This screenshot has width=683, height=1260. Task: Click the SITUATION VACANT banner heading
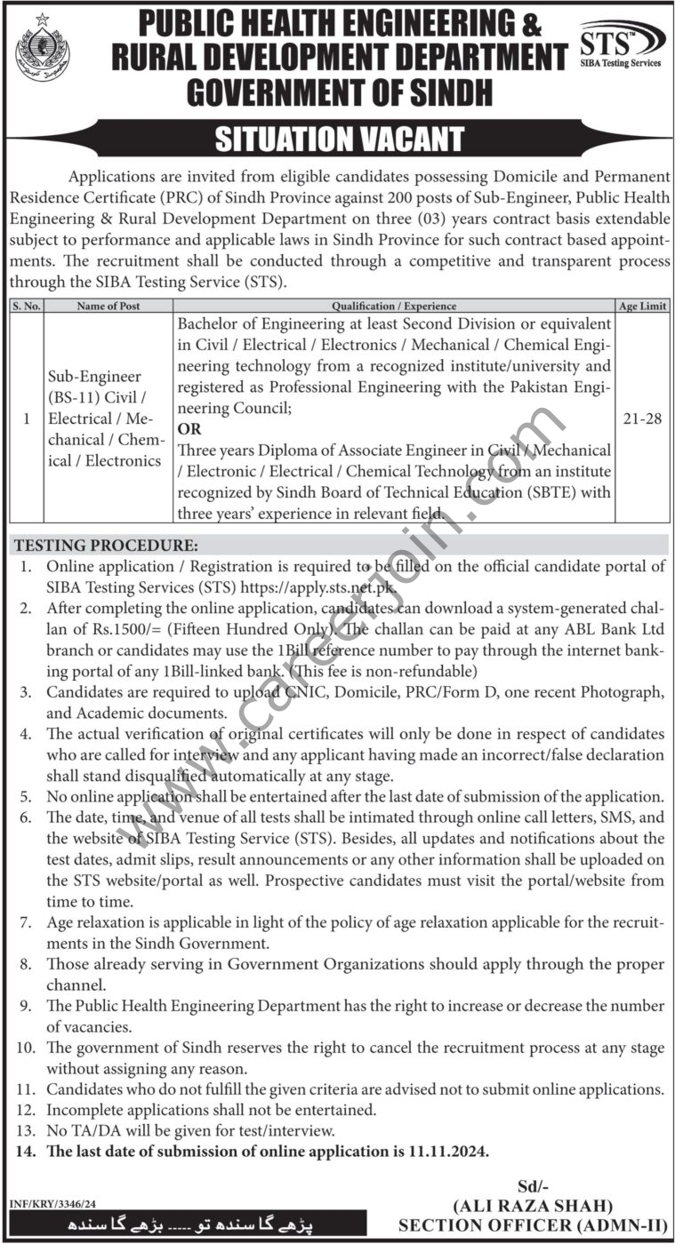coord(341,140)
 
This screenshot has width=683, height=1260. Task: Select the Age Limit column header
coord(642,306)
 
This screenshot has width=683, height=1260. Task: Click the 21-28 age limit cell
coord(642,419)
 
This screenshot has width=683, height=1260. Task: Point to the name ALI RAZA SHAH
coord(531,1206)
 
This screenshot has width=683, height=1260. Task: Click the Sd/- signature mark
coord(531,1186)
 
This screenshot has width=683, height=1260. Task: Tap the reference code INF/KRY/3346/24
coord(53,1204)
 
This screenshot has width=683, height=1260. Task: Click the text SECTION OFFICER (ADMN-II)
coord(532,1226)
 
